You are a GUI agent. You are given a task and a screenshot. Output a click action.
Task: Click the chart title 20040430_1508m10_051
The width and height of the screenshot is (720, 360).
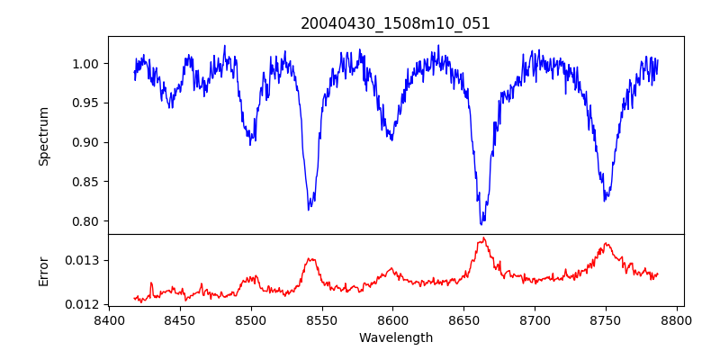point(395,23)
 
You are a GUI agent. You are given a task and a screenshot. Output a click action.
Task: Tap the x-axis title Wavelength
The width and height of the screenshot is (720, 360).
point(395,338)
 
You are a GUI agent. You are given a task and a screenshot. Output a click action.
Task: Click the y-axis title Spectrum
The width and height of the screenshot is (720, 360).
point(43,136)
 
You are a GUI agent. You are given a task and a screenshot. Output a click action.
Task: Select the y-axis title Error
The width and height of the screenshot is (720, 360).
point(43,270)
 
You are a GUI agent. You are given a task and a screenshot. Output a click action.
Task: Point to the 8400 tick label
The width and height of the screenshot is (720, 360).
point(109,319)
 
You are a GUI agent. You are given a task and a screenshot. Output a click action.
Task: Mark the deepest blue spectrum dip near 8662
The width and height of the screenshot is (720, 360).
point(481,224)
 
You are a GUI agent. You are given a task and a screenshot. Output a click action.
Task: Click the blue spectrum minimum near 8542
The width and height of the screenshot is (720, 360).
point(309,210)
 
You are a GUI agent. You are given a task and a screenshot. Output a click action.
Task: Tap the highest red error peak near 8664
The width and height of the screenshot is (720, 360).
point(483,238)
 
